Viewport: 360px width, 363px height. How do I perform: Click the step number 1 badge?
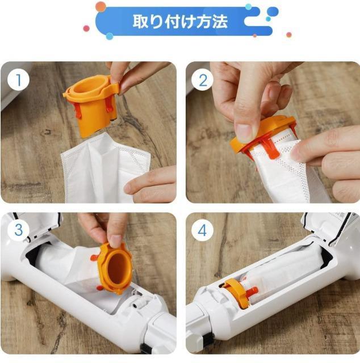[18, 80]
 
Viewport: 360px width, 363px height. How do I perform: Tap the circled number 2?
[203, 80]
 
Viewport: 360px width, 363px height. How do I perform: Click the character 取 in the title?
[140, 22]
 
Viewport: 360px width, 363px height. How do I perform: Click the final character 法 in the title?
[219, 22]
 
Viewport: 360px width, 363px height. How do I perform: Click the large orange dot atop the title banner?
[101, 6]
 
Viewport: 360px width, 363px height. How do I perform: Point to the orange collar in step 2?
[262, 133]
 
